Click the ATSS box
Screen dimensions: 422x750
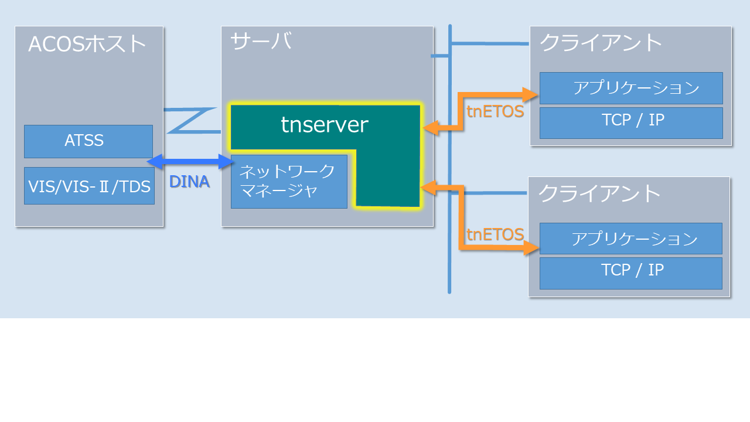tap(88, 141)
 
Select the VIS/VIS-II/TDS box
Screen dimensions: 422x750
tap(89, 186)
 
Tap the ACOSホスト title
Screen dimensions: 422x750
tap(87, 44)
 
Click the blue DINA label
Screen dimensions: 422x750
tap(189, 182)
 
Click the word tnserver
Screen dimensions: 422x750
tap(325, 124)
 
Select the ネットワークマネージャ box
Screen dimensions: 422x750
tap(289, 181)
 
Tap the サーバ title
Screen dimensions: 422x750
tap(261, 42)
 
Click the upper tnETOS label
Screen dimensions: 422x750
tap(495, 111)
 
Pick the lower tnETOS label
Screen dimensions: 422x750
tap(495, 234)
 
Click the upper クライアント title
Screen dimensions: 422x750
tap(601, 43)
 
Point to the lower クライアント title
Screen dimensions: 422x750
tap(599, 193)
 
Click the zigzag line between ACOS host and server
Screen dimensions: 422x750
tap(190, 120)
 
